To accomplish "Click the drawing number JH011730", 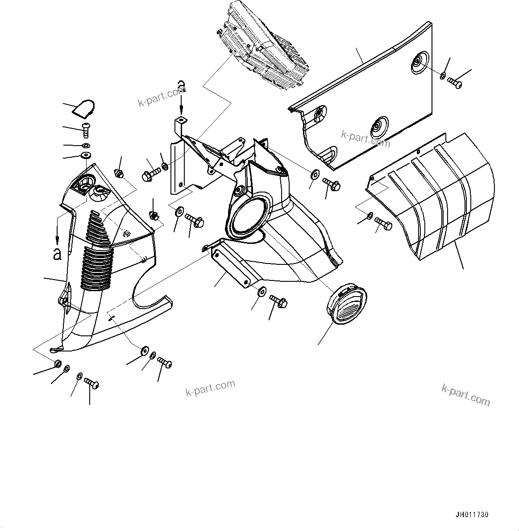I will tap(472, 515).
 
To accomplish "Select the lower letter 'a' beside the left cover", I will tap(57, 254).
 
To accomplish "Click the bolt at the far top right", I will tap(454, 83).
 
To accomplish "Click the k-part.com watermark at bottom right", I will tap(465, 395).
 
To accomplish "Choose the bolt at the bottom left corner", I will tap(91, 384).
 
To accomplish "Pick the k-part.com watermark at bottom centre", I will tap(210, 388).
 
